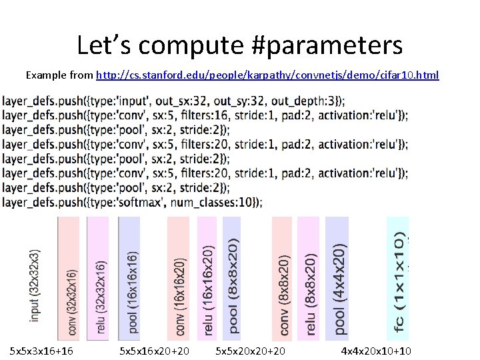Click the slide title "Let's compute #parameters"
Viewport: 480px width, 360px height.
coord(239,45)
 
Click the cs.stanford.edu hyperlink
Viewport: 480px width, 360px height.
coord(267,75)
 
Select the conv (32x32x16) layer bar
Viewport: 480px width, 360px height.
coord(69,279)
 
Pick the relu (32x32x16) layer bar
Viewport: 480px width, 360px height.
coord(98,279)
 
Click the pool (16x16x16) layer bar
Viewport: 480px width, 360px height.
coord(129,279)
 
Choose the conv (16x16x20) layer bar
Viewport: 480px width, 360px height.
coord(179,279)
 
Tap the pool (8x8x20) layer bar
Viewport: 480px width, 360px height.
coord(231,279)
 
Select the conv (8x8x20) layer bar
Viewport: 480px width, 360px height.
coord(283,279)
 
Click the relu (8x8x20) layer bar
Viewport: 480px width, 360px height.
coord(310,279)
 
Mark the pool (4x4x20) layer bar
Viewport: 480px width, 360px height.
coord(337,279)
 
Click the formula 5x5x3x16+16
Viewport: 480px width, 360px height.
coord(41,350)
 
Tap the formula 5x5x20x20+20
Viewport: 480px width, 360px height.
coord(251,350)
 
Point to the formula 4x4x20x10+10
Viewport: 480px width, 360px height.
coord(376,350)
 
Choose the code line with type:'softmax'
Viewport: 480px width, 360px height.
coord(132,201)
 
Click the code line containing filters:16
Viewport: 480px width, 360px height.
coord(205,115)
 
